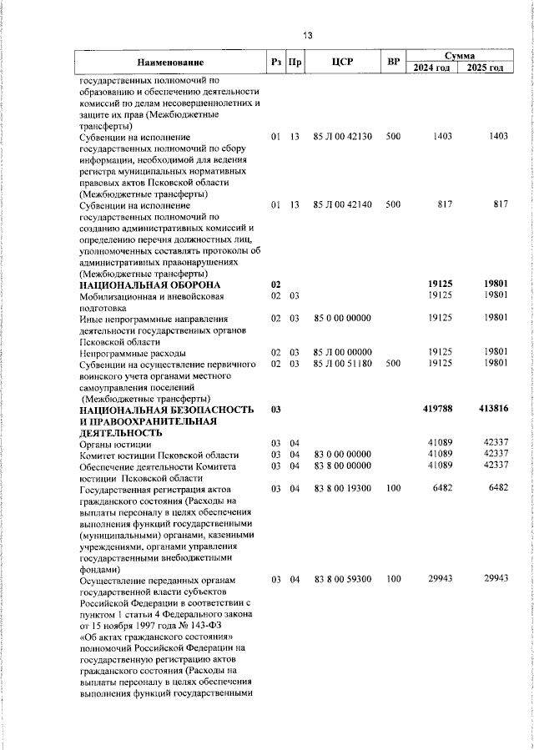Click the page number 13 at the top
(308, 36)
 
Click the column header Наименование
(170, 63)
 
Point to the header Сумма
(460, 54)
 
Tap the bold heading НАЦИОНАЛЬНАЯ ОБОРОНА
(139, 284)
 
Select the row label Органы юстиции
(112, 443)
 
